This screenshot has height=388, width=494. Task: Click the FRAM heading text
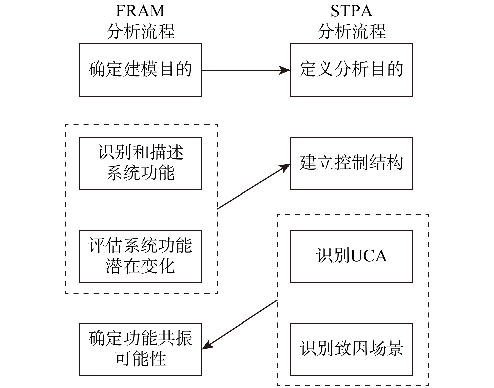click(140, 11)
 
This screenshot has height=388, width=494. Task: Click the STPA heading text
click(351, 11)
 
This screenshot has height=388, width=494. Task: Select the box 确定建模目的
click(141, 70)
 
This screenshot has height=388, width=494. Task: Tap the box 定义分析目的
click(351, 70)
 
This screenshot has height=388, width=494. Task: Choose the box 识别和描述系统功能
click(141, 163)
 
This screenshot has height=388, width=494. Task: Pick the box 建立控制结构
click(351, 163)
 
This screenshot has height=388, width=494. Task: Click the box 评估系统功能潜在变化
click(141, 257)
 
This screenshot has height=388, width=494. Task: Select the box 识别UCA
click(351, 257)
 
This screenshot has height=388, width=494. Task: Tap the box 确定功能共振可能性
click(141, 349)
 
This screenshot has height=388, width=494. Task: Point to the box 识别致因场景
click(351, 349)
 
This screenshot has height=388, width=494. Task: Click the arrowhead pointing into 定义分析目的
click(285, 70)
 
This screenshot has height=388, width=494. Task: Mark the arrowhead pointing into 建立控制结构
click(285, 167)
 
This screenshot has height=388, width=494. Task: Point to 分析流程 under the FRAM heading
click(140, 31)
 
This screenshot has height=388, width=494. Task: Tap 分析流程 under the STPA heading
click(351, 31)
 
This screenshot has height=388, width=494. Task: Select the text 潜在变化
click(141, 267)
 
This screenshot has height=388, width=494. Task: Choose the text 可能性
click(141, 359)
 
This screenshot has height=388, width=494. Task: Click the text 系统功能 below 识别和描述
click(141, 173)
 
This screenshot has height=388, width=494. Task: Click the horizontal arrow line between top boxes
click(241, 70)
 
